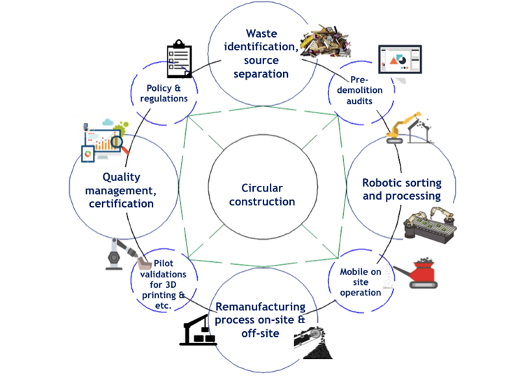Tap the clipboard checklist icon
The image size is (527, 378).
179,60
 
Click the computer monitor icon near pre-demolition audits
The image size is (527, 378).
400,61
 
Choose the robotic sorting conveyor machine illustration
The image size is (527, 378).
431,225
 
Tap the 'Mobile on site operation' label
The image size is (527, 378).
361,282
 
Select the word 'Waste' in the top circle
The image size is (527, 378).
262,34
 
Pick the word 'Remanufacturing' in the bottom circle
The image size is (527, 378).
260,307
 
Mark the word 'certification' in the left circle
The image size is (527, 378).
122,203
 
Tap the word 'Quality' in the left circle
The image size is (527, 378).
122,177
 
